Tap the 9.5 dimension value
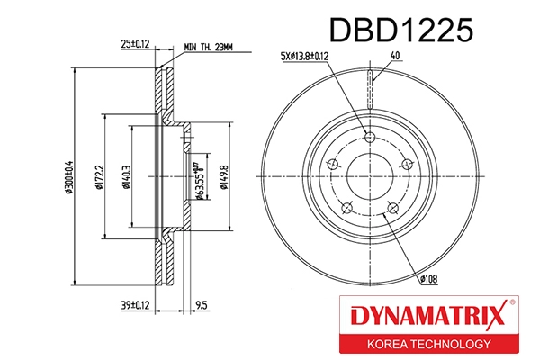pyautogui.click(x=202, y=305)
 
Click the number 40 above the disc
pyautogui.click(x=394, y=56)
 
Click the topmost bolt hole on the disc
pyautogui.click(x=370, y=137)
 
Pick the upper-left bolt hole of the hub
pyautogui.click(x=333, y=165)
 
